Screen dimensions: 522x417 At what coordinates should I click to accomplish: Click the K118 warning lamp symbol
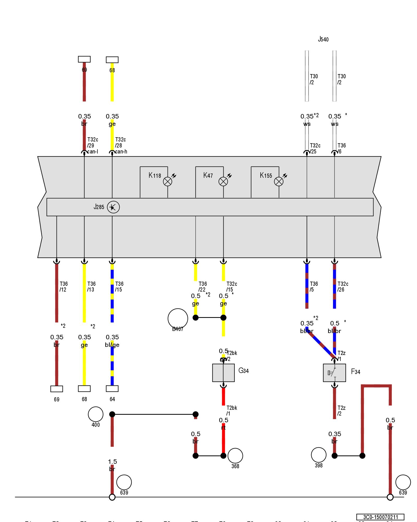tap(168, 181)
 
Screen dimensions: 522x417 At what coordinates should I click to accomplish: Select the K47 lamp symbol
tap(223, 181)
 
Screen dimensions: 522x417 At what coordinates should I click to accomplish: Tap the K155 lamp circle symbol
tap(279, 181)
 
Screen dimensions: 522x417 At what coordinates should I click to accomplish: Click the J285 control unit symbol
tap(113, 207)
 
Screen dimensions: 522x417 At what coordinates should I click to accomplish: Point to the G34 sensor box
tap(223, 373)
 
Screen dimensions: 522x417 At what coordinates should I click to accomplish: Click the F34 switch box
tap(334, 373)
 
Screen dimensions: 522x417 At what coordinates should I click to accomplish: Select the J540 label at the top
tap(323, 39)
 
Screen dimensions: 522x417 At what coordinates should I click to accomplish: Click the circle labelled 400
tap(96, 414)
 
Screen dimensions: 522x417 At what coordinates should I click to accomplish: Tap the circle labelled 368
tap(235, 456)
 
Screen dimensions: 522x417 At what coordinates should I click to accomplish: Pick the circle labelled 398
tap(318, 455)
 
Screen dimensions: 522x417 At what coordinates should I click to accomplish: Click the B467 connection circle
tap(178, 318)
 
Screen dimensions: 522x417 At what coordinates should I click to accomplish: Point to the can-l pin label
tap(93, 152)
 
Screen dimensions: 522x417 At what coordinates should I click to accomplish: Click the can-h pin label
tap(121, 152)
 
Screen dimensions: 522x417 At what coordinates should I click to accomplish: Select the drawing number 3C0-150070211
tap(380, 517)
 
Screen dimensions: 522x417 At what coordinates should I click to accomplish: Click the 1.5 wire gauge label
tap(113, 462)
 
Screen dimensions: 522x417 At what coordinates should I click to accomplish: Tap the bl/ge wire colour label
tap(112, 345)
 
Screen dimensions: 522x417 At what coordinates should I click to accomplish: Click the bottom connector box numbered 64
tap(112, 389)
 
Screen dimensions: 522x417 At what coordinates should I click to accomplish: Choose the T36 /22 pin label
tap(203, 287)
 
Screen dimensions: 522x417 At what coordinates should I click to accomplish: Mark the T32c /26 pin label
tap(343, 287)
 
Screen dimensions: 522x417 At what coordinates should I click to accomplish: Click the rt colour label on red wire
tap(223, 428)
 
